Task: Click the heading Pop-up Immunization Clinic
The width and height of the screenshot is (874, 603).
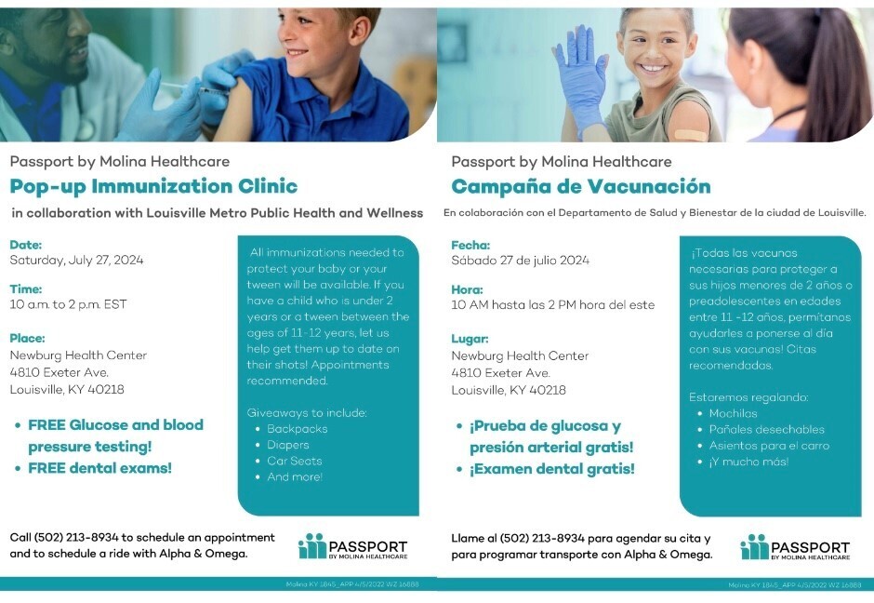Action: (153, 185)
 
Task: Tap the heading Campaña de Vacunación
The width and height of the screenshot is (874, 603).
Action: (580, 186)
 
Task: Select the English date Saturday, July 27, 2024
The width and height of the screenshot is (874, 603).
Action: (76, 261)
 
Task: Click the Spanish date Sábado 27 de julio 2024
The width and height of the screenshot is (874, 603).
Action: (520, 261)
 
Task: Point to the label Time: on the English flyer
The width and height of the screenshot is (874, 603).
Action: (26, 288)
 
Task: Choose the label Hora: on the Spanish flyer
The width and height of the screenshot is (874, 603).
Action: (467, 289)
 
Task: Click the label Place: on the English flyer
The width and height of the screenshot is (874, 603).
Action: (28, 338)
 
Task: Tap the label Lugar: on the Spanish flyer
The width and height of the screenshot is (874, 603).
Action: (470, 339)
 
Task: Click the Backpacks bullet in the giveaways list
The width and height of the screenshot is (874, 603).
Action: (297, 429)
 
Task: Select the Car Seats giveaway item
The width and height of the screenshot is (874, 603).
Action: (294, 461)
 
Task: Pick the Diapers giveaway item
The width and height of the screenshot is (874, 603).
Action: (288, 445)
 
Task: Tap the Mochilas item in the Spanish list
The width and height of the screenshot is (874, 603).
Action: (733, 413)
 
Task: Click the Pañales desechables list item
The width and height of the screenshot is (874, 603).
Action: (766, 429)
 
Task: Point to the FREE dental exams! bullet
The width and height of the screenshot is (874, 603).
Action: (99, 468)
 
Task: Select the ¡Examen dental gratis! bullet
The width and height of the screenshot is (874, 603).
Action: (551, 469)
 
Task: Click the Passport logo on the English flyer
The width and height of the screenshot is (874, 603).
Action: (353, 547)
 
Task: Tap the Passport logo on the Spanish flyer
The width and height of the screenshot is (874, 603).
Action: (795, 548)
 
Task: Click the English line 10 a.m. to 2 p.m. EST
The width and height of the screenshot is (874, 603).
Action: (68, 304)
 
